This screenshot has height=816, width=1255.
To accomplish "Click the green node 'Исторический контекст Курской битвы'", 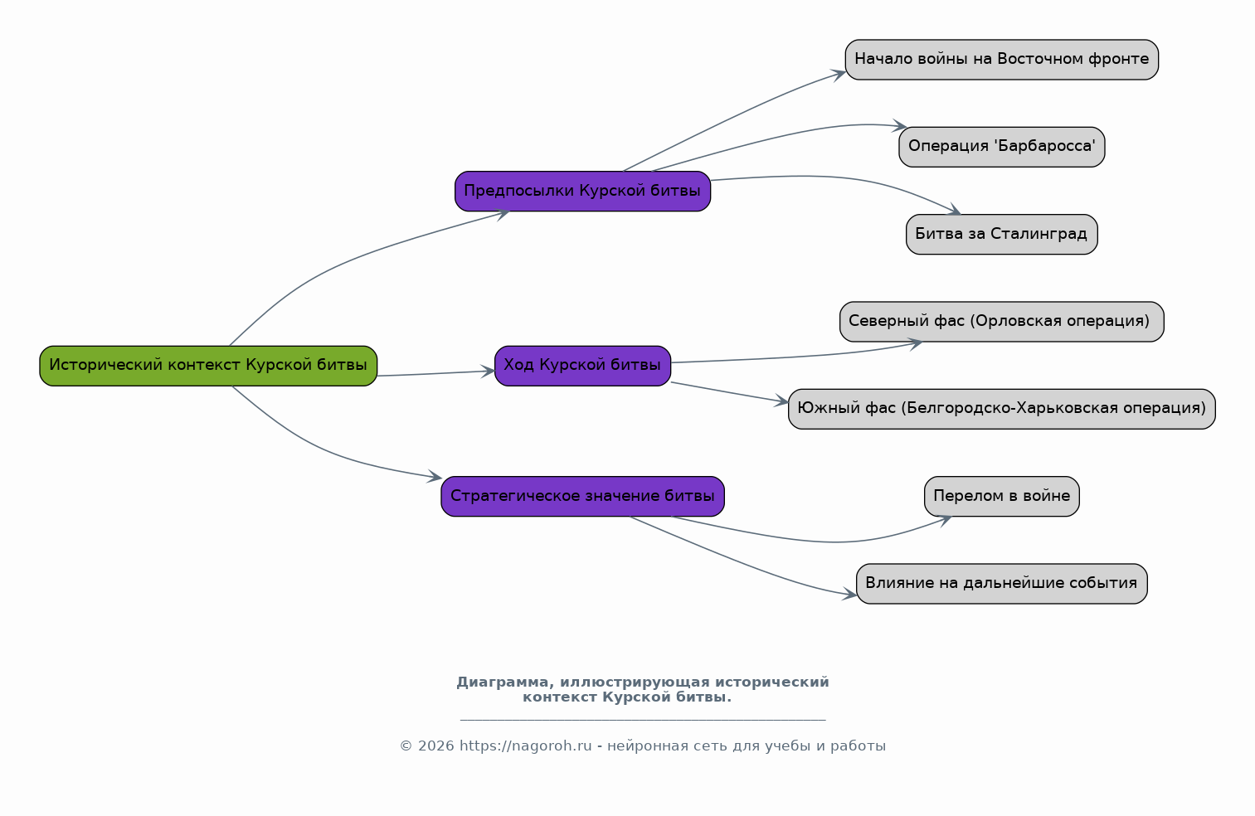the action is pos(208,366).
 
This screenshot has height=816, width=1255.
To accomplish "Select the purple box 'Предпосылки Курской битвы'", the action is pos(582,192).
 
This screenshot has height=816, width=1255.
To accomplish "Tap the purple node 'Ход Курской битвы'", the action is pos(582,366).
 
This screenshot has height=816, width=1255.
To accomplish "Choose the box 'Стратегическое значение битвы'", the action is pos(582,496).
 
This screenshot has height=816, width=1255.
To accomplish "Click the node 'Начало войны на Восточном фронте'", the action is pos(1002,60).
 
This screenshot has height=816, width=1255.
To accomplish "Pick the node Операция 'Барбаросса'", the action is pos(1002,147).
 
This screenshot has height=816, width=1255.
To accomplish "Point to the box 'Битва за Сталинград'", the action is pos(1002,234).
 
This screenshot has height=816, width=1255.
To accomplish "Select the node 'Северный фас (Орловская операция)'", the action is pos(1002,322).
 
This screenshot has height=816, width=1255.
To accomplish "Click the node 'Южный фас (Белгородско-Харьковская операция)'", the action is pos(1002,409).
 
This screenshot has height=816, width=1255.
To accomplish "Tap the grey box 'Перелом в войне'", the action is pos(1002,496).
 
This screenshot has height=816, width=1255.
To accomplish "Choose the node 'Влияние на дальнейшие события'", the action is pos(1002,584).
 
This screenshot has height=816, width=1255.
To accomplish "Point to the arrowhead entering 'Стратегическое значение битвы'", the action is pos(435,477).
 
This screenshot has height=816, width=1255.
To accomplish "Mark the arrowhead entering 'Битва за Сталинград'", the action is pos(954,210).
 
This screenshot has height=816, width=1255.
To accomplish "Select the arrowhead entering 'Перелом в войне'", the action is pos(945,520).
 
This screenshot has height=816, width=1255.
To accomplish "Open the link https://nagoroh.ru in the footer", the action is pos(526,746).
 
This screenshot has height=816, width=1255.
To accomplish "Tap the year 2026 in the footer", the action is pos(435,746).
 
